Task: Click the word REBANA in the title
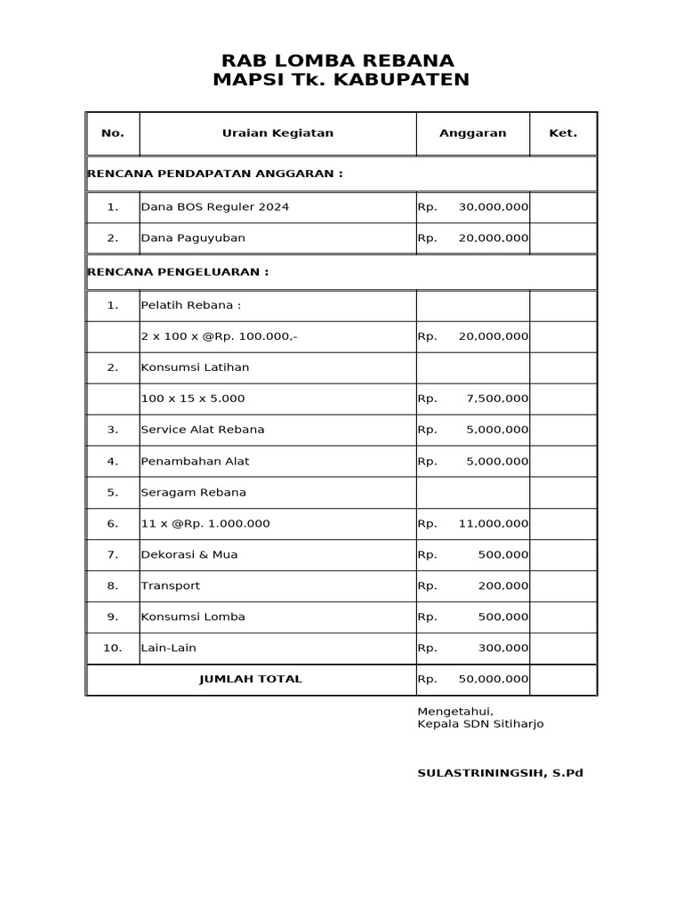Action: click(409, 60)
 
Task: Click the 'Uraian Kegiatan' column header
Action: click(277, 133)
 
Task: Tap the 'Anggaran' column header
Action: click(472, 133)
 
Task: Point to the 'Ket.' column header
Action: click(563, 133)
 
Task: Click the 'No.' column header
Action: click(113, 133)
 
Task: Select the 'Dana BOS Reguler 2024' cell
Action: click(214, 207)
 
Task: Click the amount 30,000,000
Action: click(493, 207)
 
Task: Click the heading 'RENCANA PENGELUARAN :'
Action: click(178, 272)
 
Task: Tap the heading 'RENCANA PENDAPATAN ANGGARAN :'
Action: click(214, 173)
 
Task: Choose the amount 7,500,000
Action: click(496, 399)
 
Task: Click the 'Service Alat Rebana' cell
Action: click(203, 430)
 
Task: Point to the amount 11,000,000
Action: click(493, 524)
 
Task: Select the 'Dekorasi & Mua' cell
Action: click(189, 555)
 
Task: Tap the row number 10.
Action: click(112, 649)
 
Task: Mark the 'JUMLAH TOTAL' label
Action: click(251, 680)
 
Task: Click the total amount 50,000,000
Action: click(493, 680)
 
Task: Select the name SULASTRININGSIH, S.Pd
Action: click(500, 773)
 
